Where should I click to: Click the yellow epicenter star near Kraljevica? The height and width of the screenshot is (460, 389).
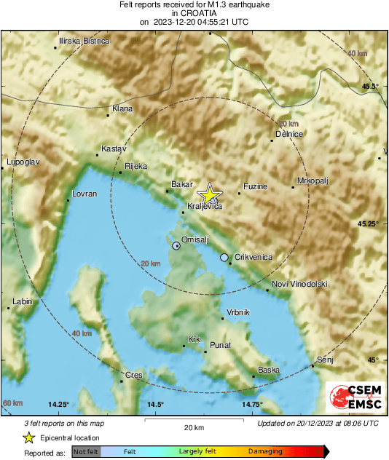(x=210, y=194)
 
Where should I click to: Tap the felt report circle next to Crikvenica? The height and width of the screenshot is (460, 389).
(x=224, y=257)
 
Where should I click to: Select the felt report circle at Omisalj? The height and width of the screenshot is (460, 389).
(x=176, y=247)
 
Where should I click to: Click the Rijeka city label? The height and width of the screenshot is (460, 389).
(x=136, y=166)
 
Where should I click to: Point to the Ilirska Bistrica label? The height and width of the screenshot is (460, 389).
(x=85, y=41)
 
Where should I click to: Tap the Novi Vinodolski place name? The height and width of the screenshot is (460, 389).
(x=299, y=283)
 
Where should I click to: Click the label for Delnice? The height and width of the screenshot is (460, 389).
(x=289, y=134)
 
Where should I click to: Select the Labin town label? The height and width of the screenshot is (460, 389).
(x=23, y=301)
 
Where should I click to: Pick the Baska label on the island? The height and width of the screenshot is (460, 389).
(x=269, y=370)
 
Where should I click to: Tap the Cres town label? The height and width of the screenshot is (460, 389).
(x=134, y=375)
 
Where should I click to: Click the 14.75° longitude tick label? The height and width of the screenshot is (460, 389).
(x=252, y=404)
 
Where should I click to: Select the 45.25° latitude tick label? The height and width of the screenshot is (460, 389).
(x=368, y=223)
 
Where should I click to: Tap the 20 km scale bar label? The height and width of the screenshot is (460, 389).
(x=193, y=427)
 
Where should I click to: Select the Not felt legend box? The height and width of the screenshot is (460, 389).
(x=85, y=452)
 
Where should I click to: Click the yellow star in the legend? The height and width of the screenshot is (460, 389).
(x=28, y=438)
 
